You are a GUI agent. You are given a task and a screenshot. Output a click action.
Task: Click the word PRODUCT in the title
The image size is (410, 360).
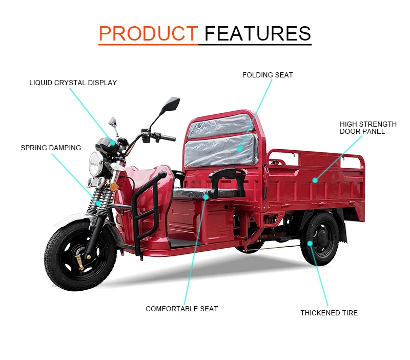point(148,33)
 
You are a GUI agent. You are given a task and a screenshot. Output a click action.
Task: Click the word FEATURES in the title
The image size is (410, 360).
point(258,33)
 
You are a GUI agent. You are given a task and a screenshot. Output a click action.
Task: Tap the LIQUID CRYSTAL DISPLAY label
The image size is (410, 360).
point(73,83)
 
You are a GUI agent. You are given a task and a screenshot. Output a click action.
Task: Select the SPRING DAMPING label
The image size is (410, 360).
point(51,148)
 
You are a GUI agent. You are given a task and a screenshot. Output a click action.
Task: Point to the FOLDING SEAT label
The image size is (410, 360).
point(268,75)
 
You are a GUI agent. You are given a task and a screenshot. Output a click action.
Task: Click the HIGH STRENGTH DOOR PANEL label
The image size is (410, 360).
point(368,128)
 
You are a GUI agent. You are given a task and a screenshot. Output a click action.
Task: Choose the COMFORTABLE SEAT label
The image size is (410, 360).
point(181,309)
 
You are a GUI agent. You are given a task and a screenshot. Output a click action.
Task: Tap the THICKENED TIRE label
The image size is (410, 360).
point(329,313)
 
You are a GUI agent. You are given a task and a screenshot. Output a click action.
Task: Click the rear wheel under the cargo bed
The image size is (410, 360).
point(320,239)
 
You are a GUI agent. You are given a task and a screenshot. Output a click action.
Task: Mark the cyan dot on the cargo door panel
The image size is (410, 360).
point(316,180)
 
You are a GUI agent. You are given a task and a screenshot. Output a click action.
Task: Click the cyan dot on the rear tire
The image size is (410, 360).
point(310,242)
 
